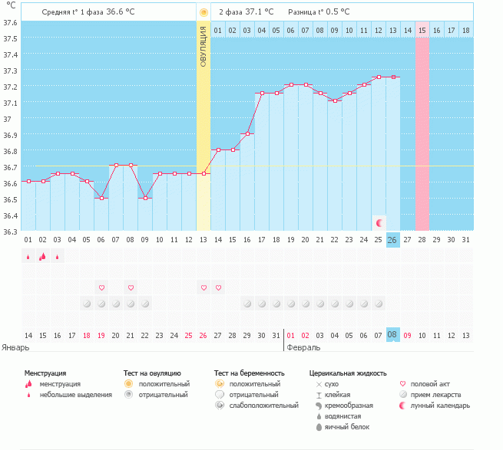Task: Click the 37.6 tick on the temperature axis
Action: [x=10, y=23]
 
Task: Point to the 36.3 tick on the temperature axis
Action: [x=10, y=231]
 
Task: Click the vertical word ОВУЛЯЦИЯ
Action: [x=203, y=46]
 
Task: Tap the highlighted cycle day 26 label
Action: [x=392, y=240]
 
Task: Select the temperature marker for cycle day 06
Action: [x=101, y=198]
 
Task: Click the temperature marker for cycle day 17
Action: [x=261, y=94]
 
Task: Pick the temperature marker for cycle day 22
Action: [x=334, y=100]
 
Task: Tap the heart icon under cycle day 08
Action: [x=131, y=287]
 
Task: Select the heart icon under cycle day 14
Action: [x=218, y=287]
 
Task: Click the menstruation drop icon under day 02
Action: [x=43, y=257]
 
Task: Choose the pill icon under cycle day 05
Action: [x=87, y=304]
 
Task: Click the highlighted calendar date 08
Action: [x=392, y=335]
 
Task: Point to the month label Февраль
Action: [x=304, y=347]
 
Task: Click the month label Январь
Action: [x=16, y=347]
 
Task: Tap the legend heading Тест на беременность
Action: [x=254, y=373]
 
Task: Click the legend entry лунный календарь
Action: [x=440, y=405]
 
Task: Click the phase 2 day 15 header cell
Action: [x=422, y=30]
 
